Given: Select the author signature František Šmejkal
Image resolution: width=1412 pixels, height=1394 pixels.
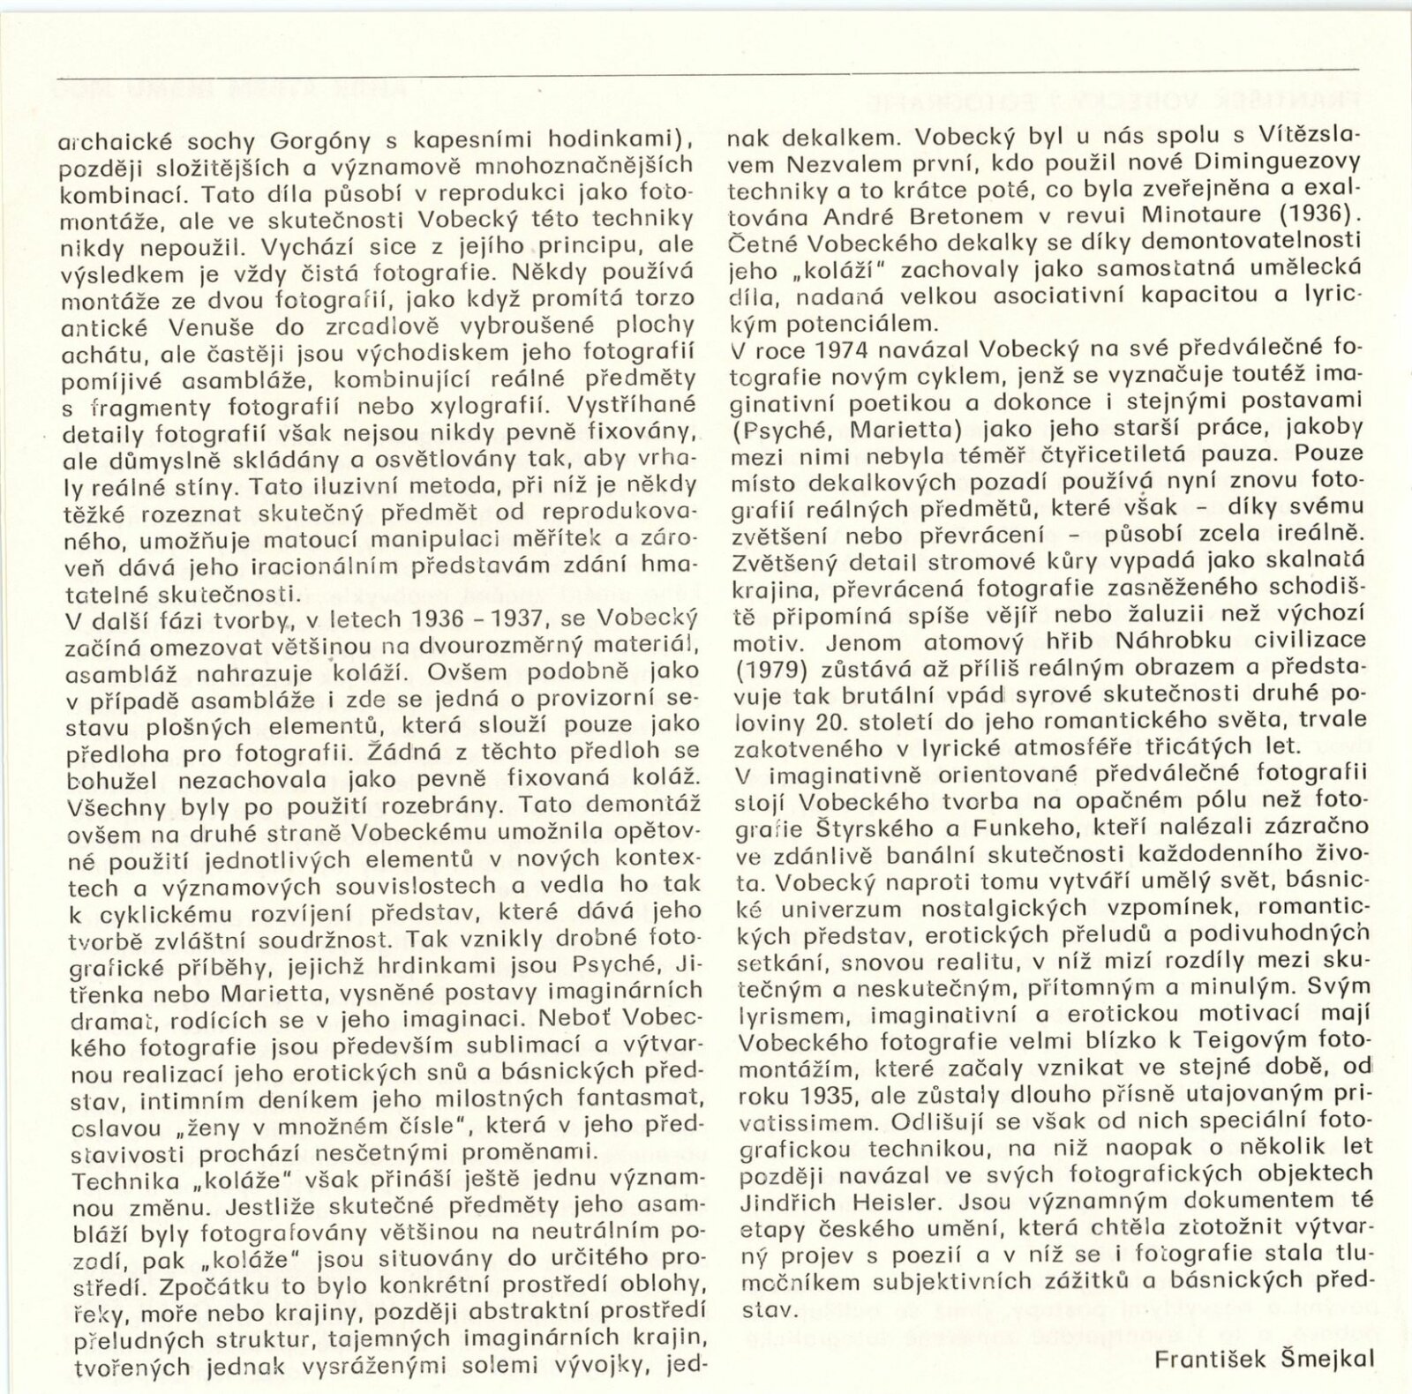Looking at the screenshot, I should click(x=1264, y=1358).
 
